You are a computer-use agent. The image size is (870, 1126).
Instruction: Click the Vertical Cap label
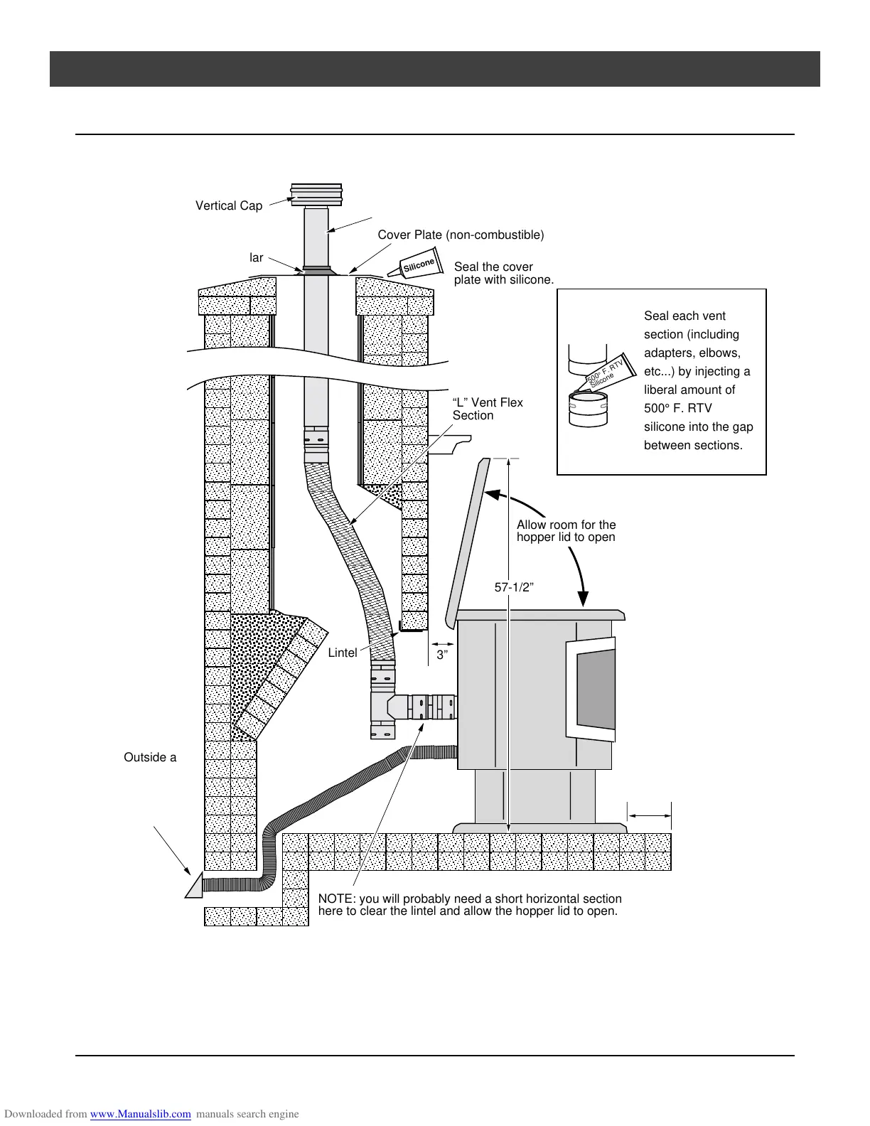coord(229,205)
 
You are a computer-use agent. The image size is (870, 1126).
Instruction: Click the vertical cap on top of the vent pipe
coord(316,193)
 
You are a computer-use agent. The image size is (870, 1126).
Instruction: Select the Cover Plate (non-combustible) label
coord(461,235)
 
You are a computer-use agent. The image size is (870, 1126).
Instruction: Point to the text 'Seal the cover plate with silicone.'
coord(503,274)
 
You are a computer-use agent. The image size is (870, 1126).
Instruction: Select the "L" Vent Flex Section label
coord(488,409)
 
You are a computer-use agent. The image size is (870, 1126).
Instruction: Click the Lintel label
coord(342,653)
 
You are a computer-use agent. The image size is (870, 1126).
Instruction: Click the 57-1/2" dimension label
coord(514,587)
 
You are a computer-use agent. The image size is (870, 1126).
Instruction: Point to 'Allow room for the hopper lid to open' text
coord(566,531)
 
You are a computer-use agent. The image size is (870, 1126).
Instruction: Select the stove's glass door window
coord(596,689)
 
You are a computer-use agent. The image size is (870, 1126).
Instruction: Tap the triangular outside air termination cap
coord(194,886)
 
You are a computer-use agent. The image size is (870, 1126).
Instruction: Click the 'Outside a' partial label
coord(150,758)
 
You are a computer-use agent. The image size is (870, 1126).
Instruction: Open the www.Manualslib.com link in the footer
coord(141,1114)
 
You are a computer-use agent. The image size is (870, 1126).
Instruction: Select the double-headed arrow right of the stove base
coord(649,817)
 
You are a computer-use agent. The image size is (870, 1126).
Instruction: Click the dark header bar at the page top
coord(434,69)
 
